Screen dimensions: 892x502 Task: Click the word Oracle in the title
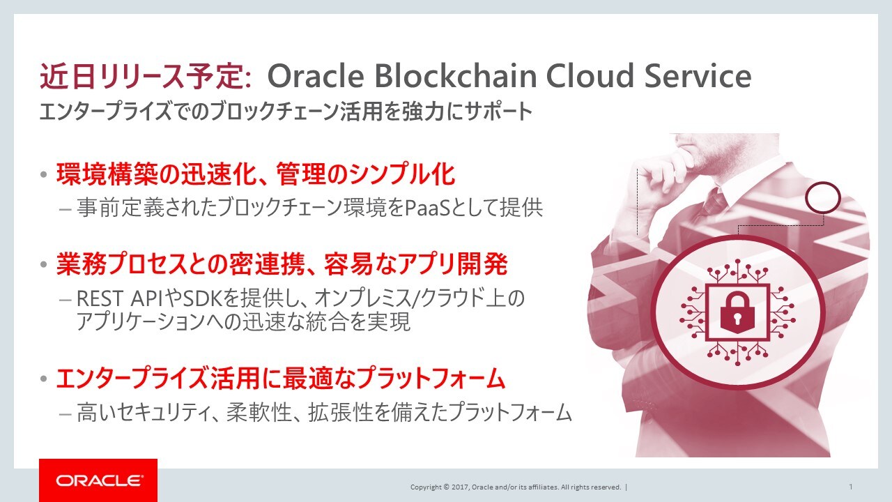tap(316, 76)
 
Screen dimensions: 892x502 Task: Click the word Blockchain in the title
tap(456, 76)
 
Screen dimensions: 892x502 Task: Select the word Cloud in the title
tap(590, 76)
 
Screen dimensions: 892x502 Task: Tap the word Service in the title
tap(698, 76)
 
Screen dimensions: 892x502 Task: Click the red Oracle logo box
tap(98, 480)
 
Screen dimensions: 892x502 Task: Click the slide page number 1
tap(851, 487)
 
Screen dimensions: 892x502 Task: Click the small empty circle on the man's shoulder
tap(823, 197)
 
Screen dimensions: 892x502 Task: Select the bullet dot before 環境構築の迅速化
tap(44, 174)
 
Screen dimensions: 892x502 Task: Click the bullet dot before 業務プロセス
tap(44, 264)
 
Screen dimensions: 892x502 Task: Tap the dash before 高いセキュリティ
tap(65, 414)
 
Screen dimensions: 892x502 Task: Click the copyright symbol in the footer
tap(445, 487)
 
